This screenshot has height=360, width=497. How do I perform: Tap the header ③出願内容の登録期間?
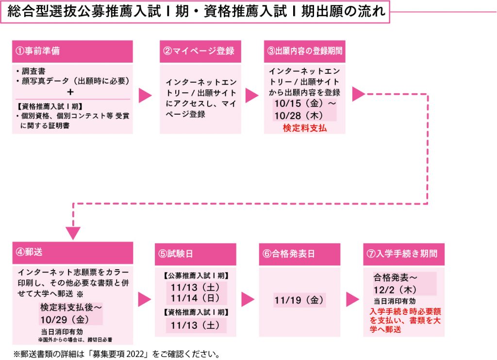305,51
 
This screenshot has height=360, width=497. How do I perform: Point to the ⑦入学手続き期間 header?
403,254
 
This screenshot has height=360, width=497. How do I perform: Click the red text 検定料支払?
305,128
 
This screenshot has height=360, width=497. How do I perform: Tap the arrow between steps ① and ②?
145,95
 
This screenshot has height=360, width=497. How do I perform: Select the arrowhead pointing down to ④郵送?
73,233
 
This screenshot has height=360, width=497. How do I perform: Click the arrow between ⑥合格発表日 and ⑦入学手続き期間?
352,299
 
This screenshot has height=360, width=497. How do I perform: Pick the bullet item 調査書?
34,71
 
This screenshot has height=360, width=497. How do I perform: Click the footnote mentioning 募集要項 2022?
117,353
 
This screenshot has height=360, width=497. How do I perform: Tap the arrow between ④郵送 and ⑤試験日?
144,299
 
